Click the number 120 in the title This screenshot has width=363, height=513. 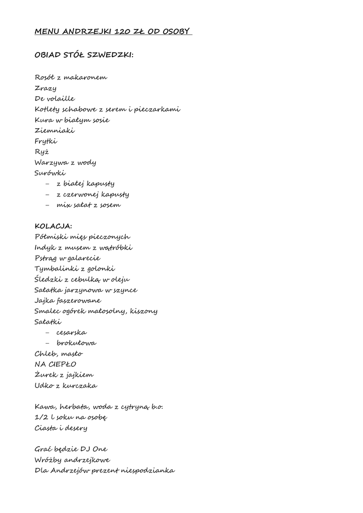[x=123, y=32]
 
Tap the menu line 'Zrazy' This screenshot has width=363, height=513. [x=46, y=88]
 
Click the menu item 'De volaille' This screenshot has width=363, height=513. [x=55, y=99]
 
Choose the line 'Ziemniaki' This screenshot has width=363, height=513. [x=55, y=130]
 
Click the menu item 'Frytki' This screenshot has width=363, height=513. [x=46, y=141]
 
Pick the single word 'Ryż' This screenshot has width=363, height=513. [x=42, y=152]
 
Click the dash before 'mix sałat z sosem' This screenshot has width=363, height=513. [x=48, y=205]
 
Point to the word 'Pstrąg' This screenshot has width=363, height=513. [x=46, y=259]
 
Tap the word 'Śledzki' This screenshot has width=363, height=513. [x=49, y=279]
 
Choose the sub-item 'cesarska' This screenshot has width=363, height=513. [x=72, y=333]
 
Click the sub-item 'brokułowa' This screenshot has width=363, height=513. [x=77, y=343]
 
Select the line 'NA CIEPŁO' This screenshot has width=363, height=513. [x=56, y=364]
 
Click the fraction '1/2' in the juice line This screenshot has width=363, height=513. [x=42, y=417]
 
